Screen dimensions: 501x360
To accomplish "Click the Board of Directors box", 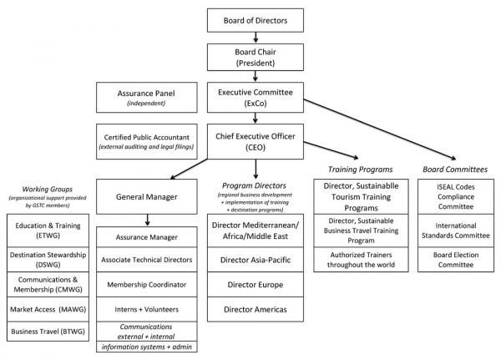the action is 256,20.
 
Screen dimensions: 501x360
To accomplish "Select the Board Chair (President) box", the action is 256,58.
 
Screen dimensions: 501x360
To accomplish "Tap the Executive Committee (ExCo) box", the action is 256,98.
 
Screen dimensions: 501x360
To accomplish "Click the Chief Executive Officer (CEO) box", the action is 256,142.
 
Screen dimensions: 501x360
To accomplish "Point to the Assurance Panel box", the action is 147,98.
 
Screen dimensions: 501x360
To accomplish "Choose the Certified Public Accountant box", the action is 147,142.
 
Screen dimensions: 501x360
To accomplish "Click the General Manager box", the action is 147,196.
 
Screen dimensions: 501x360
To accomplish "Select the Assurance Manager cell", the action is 147,237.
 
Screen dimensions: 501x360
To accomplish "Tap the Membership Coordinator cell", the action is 147,285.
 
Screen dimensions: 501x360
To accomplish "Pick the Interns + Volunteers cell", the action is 147,309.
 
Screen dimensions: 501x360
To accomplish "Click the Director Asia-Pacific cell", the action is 256,260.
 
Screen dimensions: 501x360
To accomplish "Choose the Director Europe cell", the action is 256,285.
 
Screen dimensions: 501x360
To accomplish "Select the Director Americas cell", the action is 256,309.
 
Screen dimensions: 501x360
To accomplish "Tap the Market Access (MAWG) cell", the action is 48,309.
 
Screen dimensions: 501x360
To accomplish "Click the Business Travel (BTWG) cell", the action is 48,332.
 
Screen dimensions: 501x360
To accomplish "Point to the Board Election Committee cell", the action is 456,260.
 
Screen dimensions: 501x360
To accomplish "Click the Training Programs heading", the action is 361,170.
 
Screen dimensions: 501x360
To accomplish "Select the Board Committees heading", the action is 455,170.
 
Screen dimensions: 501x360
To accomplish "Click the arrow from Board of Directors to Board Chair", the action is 256,38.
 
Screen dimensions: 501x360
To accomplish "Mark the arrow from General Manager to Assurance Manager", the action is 147,220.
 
